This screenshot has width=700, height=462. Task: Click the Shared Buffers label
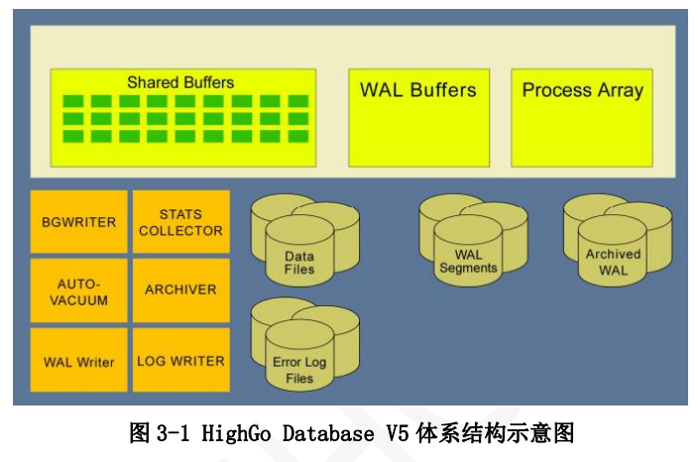tap(180, 82)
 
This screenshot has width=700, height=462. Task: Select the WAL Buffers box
tap(418, 117)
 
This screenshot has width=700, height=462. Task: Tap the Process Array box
tap(582, 117)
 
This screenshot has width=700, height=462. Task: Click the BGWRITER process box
tap(79, 222)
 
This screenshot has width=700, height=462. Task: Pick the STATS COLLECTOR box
tap(180, 222)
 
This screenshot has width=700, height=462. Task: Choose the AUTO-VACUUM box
tap(79, 290)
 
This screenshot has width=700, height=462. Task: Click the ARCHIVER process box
tap(180, 290)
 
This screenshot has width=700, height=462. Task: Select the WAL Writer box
tap(79, 361)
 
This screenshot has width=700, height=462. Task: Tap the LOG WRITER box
tap(180, 361)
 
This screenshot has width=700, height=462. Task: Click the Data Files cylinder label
tap(298, 263)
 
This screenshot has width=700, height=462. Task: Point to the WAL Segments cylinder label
tap(468, 262)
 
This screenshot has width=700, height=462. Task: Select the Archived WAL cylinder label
tap(613, 262)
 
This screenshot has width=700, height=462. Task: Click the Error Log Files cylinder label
tap(298, 370)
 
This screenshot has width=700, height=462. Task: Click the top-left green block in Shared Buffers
tap(72, 101)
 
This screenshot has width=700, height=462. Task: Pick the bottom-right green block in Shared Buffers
tap(298, 136)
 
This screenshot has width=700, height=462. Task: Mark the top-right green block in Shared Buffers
tap(298, 101)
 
